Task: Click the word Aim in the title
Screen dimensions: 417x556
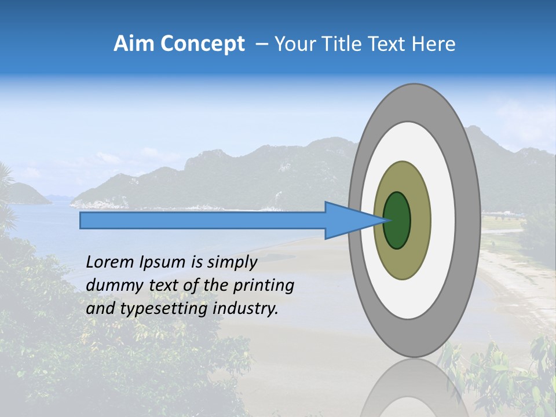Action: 135,44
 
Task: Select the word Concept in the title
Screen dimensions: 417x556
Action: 203,44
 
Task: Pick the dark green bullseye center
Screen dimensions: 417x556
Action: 397,220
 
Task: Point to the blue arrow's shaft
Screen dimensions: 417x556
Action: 203,220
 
